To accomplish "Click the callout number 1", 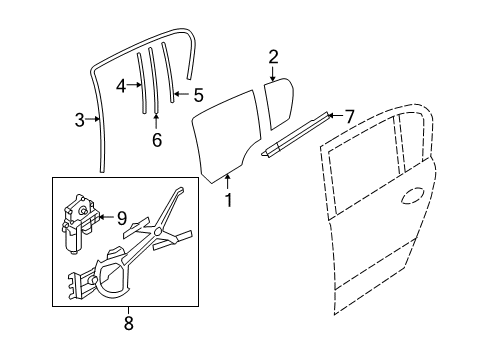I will coord(227,200).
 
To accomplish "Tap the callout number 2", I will coord(273,58).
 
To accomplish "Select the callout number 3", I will coord(80,122).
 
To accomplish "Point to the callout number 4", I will coord(121,86).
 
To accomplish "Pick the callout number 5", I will coord(198,96).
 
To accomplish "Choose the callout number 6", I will coord(156,139).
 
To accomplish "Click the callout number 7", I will coord(349,115).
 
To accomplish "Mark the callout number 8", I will coord(128,322).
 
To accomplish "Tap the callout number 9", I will coord(121,216).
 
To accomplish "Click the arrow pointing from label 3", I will coord(94,122).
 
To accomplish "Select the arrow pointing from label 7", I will coord(333,116).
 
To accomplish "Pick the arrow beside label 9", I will coord(106,216).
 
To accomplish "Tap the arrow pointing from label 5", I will coord(181,96).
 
